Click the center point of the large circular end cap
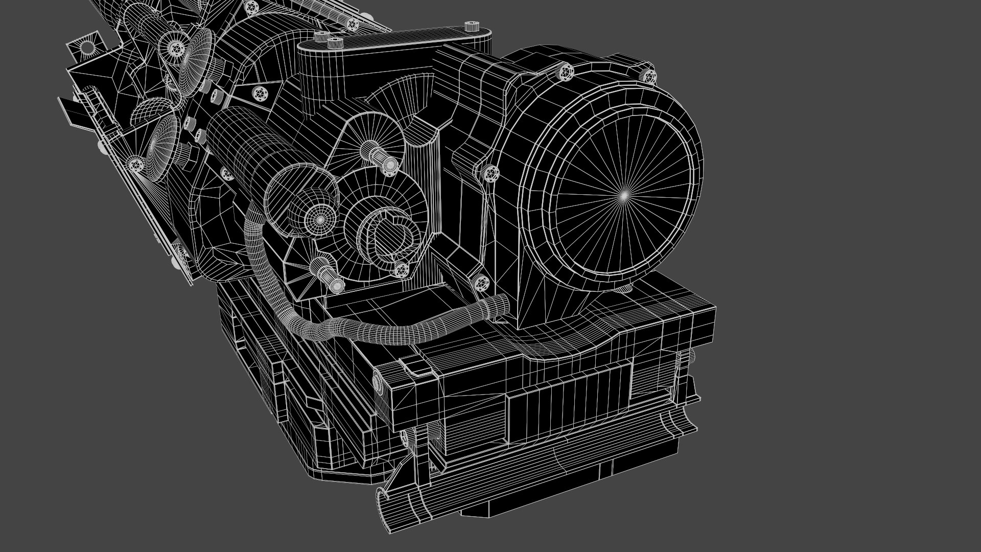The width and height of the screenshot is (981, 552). [624, 195]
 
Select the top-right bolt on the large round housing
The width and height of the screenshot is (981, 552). [649, 77]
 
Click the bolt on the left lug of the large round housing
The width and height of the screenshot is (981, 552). [491, 173]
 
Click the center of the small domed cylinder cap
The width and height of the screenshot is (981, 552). [320, 219]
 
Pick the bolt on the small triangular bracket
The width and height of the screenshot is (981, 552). [260, 95]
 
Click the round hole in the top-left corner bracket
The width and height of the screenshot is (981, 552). [88, 47]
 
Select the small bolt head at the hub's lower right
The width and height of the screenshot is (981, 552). [402, 269]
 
